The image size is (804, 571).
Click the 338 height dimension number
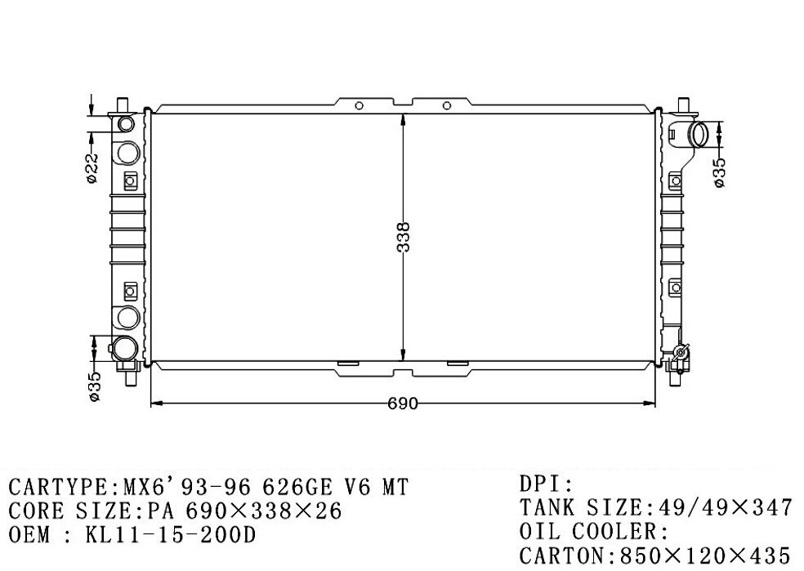point(404,237)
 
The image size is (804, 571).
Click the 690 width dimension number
point(403,404)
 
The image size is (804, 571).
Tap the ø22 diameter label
point(92,167)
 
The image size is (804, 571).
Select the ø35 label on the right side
point(719,172)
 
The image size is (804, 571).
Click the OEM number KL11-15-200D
point(170,535)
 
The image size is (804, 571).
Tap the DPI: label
point(546,484)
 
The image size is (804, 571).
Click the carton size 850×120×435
point(705,555)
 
